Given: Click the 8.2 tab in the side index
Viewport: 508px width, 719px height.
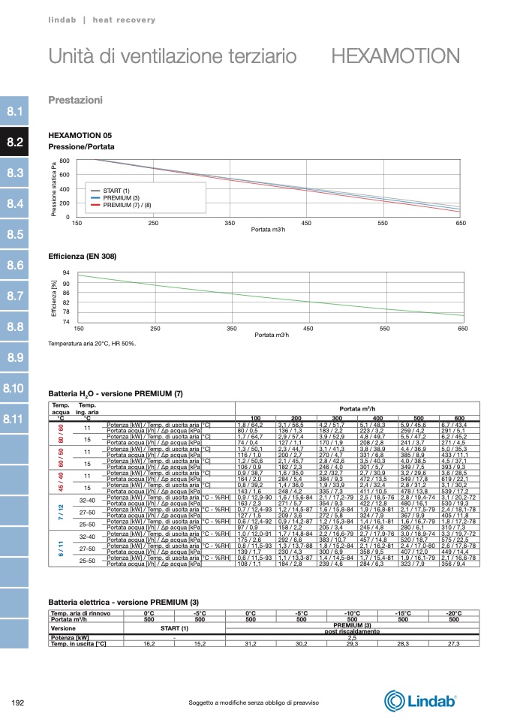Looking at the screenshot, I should (15, 142).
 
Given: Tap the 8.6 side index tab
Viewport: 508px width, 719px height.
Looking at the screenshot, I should (15, 265).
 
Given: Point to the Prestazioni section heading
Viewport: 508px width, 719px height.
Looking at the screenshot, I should (75, 100).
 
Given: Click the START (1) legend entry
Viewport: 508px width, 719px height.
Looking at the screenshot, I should (116, 191).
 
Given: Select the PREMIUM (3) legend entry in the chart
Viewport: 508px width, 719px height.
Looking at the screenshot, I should (121, 197).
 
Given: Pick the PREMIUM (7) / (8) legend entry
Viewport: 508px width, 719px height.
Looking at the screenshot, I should (127, 204).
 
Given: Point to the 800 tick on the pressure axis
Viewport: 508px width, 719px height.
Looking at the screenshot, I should (65, 161).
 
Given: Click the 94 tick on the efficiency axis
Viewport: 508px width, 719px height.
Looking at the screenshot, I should (66, 272).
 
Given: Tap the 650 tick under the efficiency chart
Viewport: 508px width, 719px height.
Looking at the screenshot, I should (462, 329).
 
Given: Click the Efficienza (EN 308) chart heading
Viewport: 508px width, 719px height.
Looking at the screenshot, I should (83, 257).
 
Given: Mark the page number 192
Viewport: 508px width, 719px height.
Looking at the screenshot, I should (19, 702).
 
